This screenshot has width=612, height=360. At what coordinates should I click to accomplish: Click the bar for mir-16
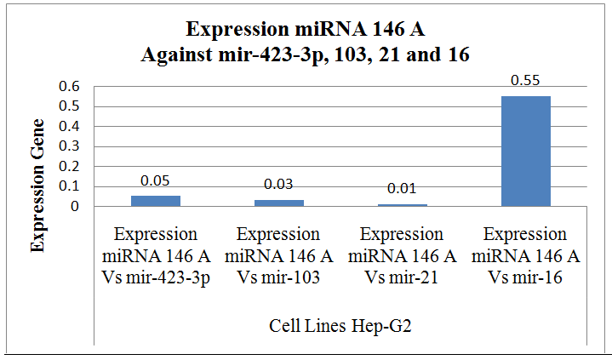[525, 151]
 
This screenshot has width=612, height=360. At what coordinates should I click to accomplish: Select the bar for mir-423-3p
[155, 201]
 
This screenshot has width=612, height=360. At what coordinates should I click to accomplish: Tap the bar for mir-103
[278, 203]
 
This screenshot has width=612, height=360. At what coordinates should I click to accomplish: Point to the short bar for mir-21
[402, 204]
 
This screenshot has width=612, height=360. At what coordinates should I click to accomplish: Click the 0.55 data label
[524, 81]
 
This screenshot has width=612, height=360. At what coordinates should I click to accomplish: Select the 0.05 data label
[155, 180]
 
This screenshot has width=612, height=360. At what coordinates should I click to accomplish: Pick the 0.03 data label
[278, 185]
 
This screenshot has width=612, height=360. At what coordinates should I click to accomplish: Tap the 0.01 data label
[402, 189]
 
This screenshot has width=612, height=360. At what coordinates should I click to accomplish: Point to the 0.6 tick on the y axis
[69, 87]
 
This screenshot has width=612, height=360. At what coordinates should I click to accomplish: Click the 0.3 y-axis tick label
[69, 146]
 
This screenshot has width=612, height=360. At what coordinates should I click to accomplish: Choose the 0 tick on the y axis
[75, 207]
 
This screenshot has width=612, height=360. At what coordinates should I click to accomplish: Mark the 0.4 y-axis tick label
[69, 127]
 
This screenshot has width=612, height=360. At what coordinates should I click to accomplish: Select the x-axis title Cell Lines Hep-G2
[340, 326]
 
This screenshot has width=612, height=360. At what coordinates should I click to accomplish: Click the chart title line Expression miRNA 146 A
[306, 31]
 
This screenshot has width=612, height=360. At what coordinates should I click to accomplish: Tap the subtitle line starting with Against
[306, 53]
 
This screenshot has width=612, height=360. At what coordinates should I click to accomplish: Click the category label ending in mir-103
[278, 255]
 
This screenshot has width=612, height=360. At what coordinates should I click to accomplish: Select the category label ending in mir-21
[402, 255]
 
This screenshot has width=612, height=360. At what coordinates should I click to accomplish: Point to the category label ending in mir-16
[525, 255]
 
